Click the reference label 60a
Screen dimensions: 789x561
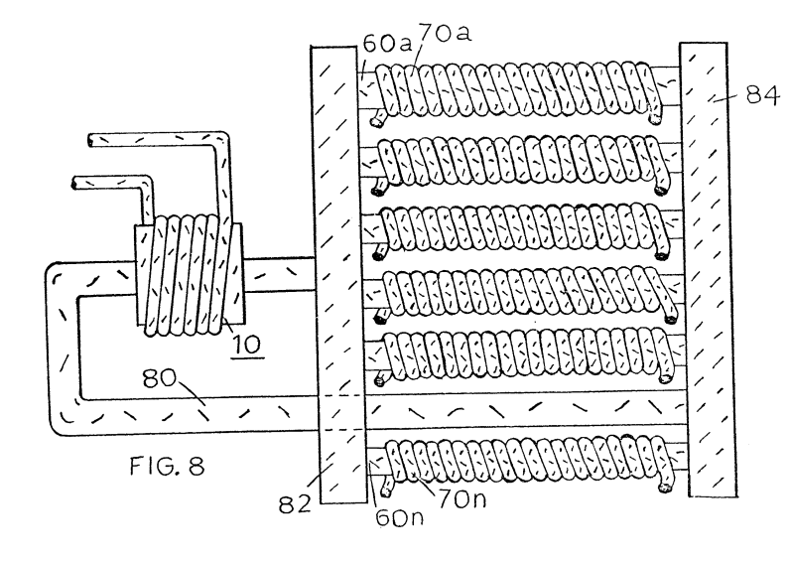click(x=386, y=45)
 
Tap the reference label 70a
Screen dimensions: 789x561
click(x=446, y=33)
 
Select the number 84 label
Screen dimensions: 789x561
click(x=762, y=94)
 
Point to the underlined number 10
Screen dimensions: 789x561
click(x=247, y=345)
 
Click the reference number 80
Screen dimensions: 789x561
click(x=159, y=378)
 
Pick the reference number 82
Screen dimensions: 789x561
click(x=296, y=503)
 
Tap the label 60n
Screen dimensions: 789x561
click(x=400, y=517)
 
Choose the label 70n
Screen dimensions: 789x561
click(x=461, y=499)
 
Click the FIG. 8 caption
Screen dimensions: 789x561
click(x=167, y=466)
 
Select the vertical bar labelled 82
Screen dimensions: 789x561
click(x=338, y=274)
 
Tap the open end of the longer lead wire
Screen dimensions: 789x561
click(x=90, y=141)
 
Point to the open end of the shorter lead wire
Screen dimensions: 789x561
click(x=75, y=183)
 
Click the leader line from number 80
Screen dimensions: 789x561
click(x=193, y=395)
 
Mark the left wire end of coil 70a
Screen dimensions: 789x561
click(x=375, y=121)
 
